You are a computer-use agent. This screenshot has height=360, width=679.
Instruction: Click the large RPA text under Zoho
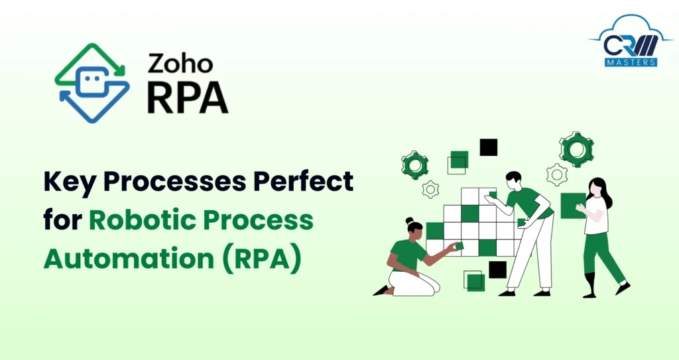[187, 97]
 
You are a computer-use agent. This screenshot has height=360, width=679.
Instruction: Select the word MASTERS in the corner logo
[631, 62]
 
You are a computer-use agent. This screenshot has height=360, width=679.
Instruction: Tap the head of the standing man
[513, 180]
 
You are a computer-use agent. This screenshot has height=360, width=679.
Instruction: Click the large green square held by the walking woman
[572, 206]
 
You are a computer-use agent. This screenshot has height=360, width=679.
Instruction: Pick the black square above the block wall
[489, 147]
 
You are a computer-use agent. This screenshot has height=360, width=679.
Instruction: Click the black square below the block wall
[497, 269]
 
